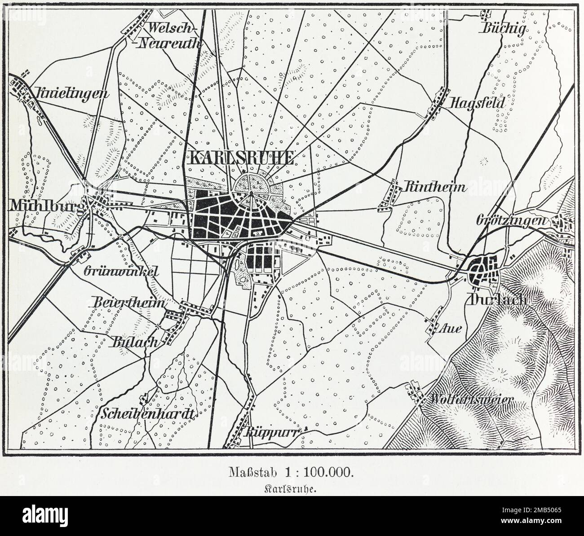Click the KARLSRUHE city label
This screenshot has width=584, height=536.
[x=242, y=158]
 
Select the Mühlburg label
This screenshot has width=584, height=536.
[x=44, y=207]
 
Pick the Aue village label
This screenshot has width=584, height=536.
[x=452, y=329]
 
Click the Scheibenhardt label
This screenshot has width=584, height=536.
[x=148, y=413]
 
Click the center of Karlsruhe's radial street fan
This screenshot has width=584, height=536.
[x=251, y=193]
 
